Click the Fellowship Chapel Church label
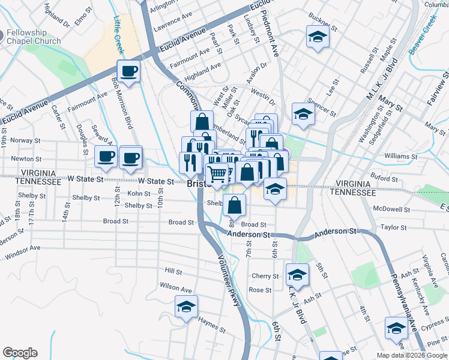pos(34,37)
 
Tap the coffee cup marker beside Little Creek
pos(128,72)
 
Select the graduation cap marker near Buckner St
pos(318,37)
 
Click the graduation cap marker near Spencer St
pos(304,114)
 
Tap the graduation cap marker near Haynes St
pos(187,307)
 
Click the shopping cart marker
pos(218,174)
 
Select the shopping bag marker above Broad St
pos(234,205)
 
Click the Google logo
pos(20,353)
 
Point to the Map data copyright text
pos(412,355)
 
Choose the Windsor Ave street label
pos(23,252)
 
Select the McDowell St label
pos(391,210)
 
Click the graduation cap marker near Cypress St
pos(396,328)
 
